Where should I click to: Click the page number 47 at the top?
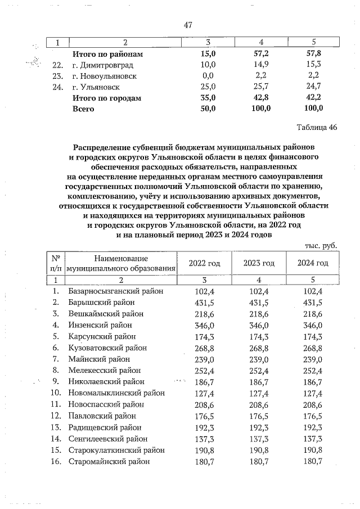click(188, 25)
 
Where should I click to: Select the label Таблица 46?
click(316, 127)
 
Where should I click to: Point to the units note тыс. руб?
click(321, 246)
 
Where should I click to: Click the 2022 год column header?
click(205, 263)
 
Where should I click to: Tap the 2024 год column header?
click(312, 263)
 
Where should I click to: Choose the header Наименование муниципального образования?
click(121, 263)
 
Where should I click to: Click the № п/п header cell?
click(56, 263)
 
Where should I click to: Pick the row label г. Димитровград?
click(103, 65)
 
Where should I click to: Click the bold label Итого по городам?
click(106, 98)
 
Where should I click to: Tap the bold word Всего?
click(83, 109)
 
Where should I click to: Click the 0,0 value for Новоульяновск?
click(208, 75)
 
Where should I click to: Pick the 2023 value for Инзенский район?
click(259, 325)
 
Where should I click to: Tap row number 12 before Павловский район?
click(56, 416)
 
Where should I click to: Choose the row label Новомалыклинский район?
click(116, 393)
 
